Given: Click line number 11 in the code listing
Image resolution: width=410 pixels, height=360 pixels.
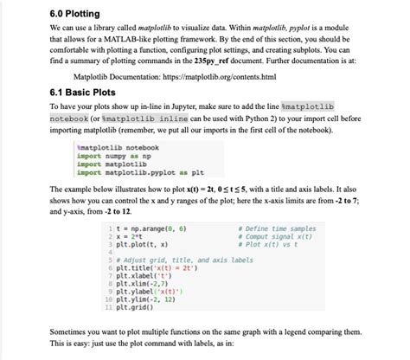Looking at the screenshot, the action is (x=106, y=306).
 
